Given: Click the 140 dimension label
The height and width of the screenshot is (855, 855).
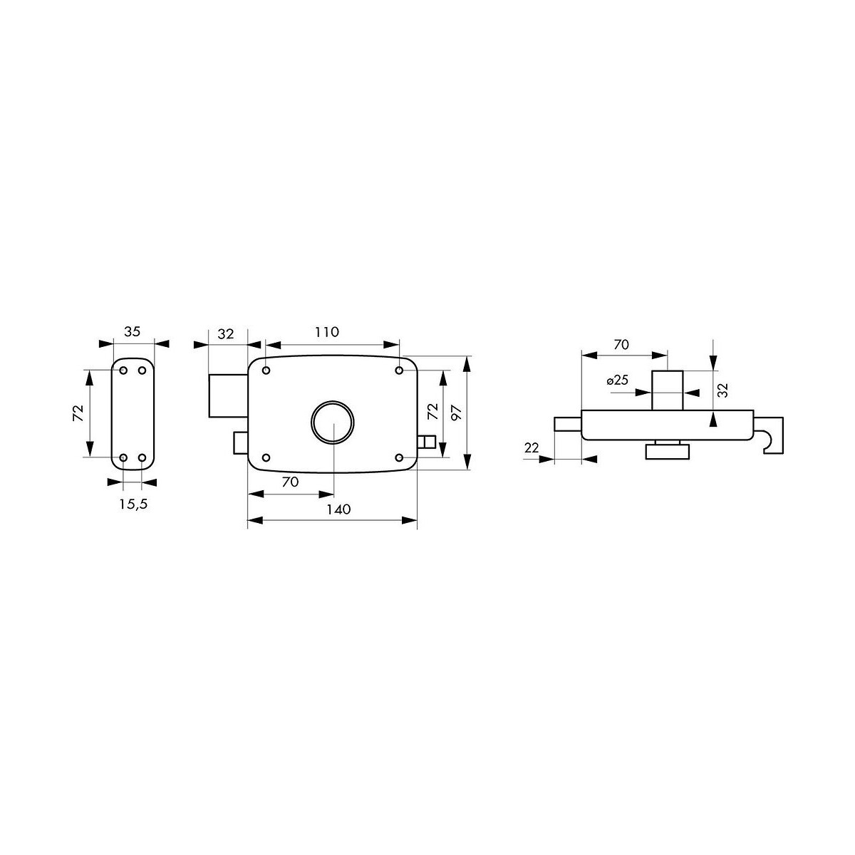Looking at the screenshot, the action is tap(338, 509).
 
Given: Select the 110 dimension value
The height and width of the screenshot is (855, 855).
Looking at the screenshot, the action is tap(327, 332).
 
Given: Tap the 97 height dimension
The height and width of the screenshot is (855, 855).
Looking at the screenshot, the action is tap(456, 413).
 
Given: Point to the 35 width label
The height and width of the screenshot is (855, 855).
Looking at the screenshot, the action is tap(133, 331).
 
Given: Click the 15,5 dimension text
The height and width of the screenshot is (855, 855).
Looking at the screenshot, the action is tap(133, 504).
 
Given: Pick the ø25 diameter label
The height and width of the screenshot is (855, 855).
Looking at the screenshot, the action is tap(618, 380).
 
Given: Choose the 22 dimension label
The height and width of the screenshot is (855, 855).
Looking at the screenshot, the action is tap(532, 447).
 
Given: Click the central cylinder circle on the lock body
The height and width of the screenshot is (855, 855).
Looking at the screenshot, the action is tap(333, 422).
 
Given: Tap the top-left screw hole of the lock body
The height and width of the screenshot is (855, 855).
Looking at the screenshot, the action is tap(266, 370).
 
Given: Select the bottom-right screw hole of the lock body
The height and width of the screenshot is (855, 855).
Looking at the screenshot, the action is tap(399, 457).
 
